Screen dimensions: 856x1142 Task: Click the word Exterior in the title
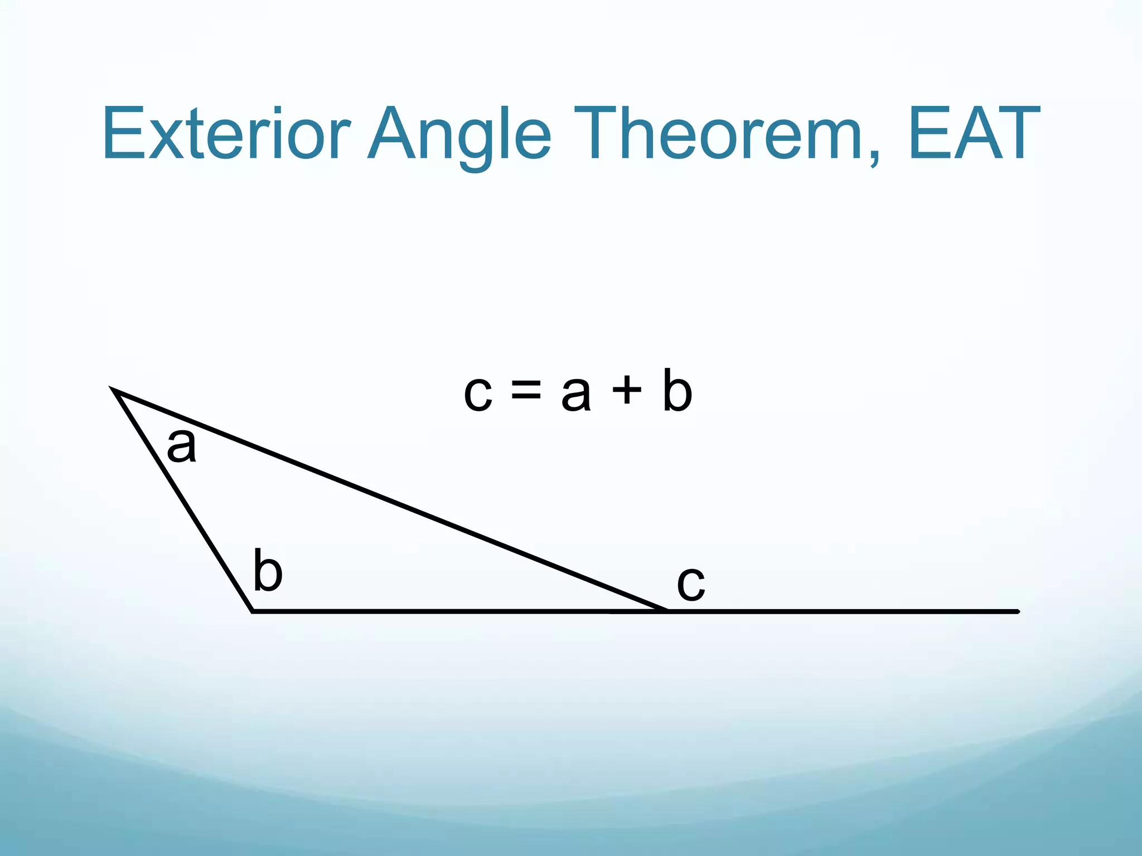click(226, 134)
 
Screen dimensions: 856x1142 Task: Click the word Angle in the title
click(459, 137)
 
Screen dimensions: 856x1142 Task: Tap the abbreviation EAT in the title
click(973, 134)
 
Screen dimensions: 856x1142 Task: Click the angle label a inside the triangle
click(182, 446)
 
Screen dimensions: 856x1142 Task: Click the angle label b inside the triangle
click(268, 571)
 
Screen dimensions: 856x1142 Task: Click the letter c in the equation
click(478, 394)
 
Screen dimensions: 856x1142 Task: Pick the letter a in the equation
click(575, 394)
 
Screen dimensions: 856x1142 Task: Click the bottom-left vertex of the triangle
click(253, 611)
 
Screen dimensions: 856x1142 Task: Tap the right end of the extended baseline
click(1017, 611)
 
